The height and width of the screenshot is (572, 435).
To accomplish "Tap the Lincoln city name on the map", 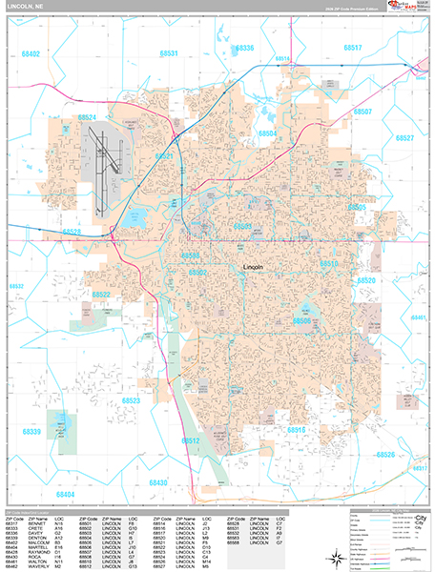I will click(254, 267).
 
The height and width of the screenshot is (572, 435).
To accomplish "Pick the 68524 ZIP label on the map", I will click(88, 117).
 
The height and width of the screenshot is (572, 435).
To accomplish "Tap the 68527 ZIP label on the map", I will click(404, 138).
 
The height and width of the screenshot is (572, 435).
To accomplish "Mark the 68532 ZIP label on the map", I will click(16, 286).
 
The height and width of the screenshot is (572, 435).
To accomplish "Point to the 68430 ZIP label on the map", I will click(156, 483).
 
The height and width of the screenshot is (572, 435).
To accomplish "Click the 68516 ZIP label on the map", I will click(293, 431).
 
